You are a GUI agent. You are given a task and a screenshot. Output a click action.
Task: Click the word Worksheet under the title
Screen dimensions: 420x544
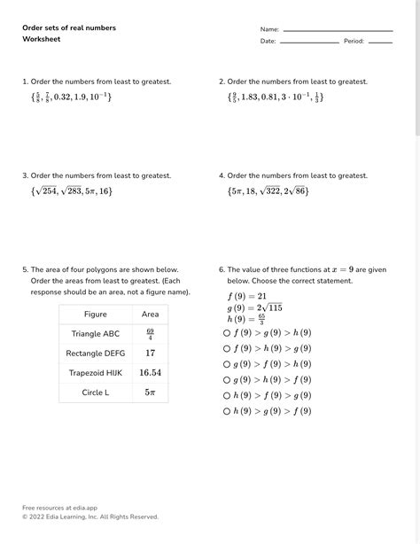(41, 40)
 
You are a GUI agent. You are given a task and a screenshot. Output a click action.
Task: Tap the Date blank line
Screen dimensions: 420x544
(309, 42)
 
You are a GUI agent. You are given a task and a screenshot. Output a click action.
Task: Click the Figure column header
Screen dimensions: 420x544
(95, 315)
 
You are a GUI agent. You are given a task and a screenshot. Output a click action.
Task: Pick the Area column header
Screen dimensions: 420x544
(150, 315)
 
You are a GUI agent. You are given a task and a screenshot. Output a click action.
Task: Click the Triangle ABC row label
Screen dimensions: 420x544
(95, 334)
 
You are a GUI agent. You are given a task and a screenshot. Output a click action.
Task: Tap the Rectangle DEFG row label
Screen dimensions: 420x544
(95, 354)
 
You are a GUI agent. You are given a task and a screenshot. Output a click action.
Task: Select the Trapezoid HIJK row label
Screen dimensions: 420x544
(95, 373)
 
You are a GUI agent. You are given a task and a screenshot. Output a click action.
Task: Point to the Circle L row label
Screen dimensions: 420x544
(95, 392)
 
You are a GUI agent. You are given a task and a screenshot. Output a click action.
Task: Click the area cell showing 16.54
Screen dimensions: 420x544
(150, 373)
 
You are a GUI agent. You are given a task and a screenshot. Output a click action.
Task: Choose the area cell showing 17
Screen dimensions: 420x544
(150, 354)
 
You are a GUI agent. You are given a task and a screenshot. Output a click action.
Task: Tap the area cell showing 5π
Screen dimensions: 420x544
(150, 392)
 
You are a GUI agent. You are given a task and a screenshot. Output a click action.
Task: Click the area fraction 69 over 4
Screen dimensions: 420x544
(150, 334)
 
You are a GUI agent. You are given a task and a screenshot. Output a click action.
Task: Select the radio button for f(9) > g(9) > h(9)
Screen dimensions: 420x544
(228, 332)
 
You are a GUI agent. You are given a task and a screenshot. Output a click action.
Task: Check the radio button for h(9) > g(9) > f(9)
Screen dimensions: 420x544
(228, 411)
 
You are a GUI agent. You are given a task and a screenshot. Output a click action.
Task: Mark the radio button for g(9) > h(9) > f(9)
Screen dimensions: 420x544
(228, 379)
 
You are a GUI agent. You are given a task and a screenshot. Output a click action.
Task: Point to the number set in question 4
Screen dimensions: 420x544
(268, 190)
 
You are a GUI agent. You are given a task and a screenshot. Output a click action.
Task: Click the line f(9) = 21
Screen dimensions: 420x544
(247, 296)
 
